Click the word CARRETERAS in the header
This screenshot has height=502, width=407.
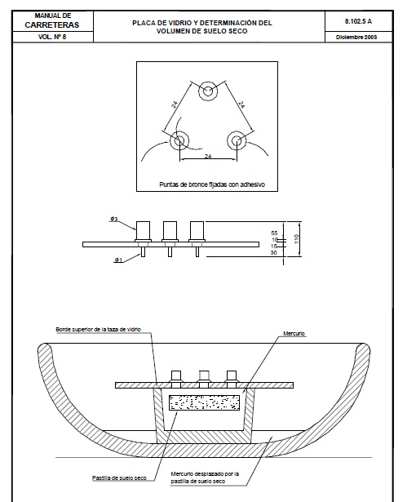pyautogui.click(x=52, y=25)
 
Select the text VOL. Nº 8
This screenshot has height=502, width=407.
pyautogui.click(x=52, y=37)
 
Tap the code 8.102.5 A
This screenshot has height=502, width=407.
pyautogui.click(x=358, y=21)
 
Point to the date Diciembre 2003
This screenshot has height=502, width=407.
pyautogui.click(x=356, y=37)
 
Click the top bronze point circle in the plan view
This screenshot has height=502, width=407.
pyautogui.click(x=208, y=91)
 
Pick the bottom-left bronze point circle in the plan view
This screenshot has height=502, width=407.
pyautogui.click(x=179, y=140)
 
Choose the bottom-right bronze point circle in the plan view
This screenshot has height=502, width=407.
pyautogui.click(x=237, y=140)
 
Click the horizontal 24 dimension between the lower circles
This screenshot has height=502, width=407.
pyautogui.click(x=208, y=156)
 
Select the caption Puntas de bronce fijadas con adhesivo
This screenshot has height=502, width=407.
pyautogui.click(x=212, y=184)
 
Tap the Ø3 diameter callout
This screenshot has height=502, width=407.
pyautogui.click(x=114, y=220)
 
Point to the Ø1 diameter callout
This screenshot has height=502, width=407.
pyautogui.click(x=118, y=260)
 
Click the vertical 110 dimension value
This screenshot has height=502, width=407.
pyautogui.click(x=296, y=239)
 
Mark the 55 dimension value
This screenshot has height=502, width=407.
pyautogui.click(x=274, y=233)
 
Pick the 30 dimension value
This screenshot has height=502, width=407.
pyautogui.click(x=273, y=253)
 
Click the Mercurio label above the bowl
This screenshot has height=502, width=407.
pyautogui.click(x=294, y=334)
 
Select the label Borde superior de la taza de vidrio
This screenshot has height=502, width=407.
pyautogui.click(x=98, y=330)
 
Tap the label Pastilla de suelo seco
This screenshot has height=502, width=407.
pyautogui.click(x=119, y=478)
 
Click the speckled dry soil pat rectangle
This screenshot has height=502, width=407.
pyautogui.click(x=204, y=402)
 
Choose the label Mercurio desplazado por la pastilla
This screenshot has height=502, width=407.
pyautogui.click(x=205, y=478)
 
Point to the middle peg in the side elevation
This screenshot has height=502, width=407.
pyautogui.click(x=170, y=239)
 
